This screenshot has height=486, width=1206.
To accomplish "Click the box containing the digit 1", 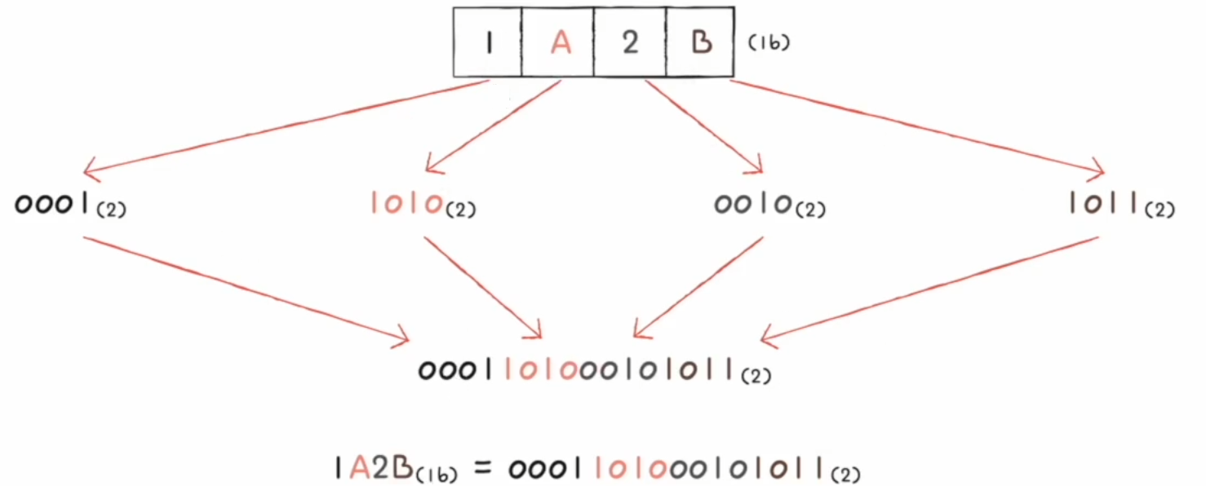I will pyautogui.click(x=487, y=42).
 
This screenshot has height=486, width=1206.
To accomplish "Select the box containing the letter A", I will pyautogui.click(x=559, y=42).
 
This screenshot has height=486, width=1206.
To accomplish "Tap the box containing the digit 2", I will pyautogui.click(x=630, y=42).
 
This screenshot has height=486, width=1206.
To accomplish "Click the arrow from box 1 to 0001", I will pyautogui.click(x=286, y=126).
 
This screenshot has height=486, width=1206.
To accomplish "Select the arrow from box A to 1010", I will pyautogui.click(x=494, y=126).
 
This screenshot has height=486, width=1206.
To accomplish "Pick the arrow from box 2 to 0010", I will pyautogui.click(x=703, y=126).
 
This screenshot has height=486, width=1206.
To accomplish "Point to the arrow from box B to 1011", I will pyautogui.click(x=918, y=126).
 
